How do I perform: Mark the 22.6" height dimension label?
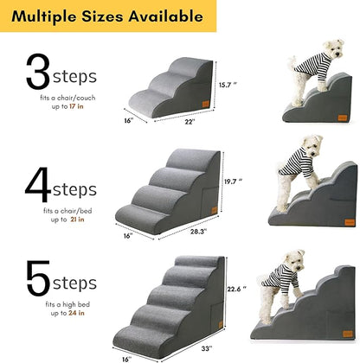pos(239,290)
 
